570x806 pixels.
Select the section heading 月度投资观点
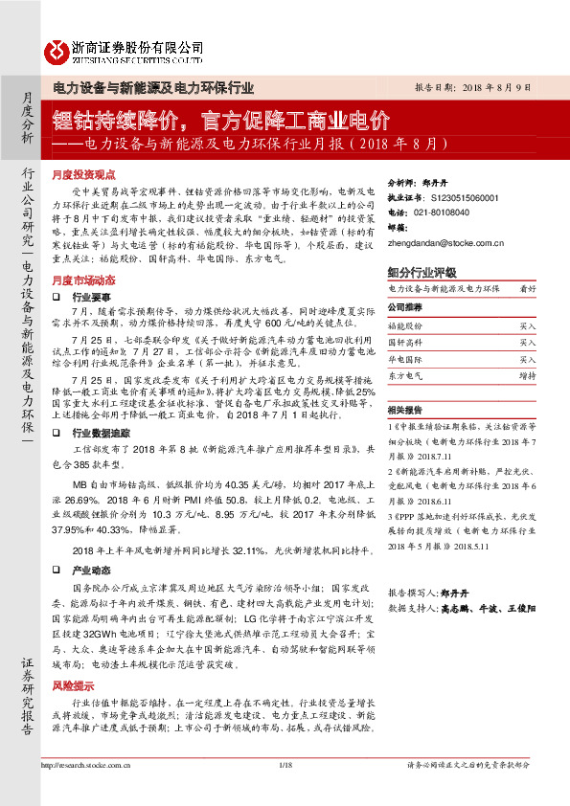(83, 176)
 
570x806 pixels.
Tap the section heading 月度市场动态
(83, 280)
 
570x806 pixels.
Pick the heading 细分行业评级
(422, 272)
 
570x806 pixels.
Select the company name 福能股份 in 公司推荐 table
(406, 326)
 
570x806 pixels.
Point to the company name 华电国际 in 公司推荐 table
(406, 360)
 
